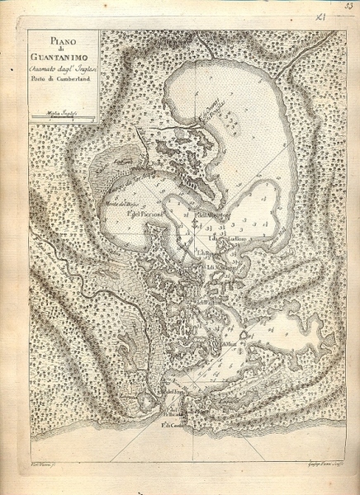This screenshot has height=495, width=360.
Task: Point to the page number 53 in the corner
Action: click(x=349, y=7)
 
